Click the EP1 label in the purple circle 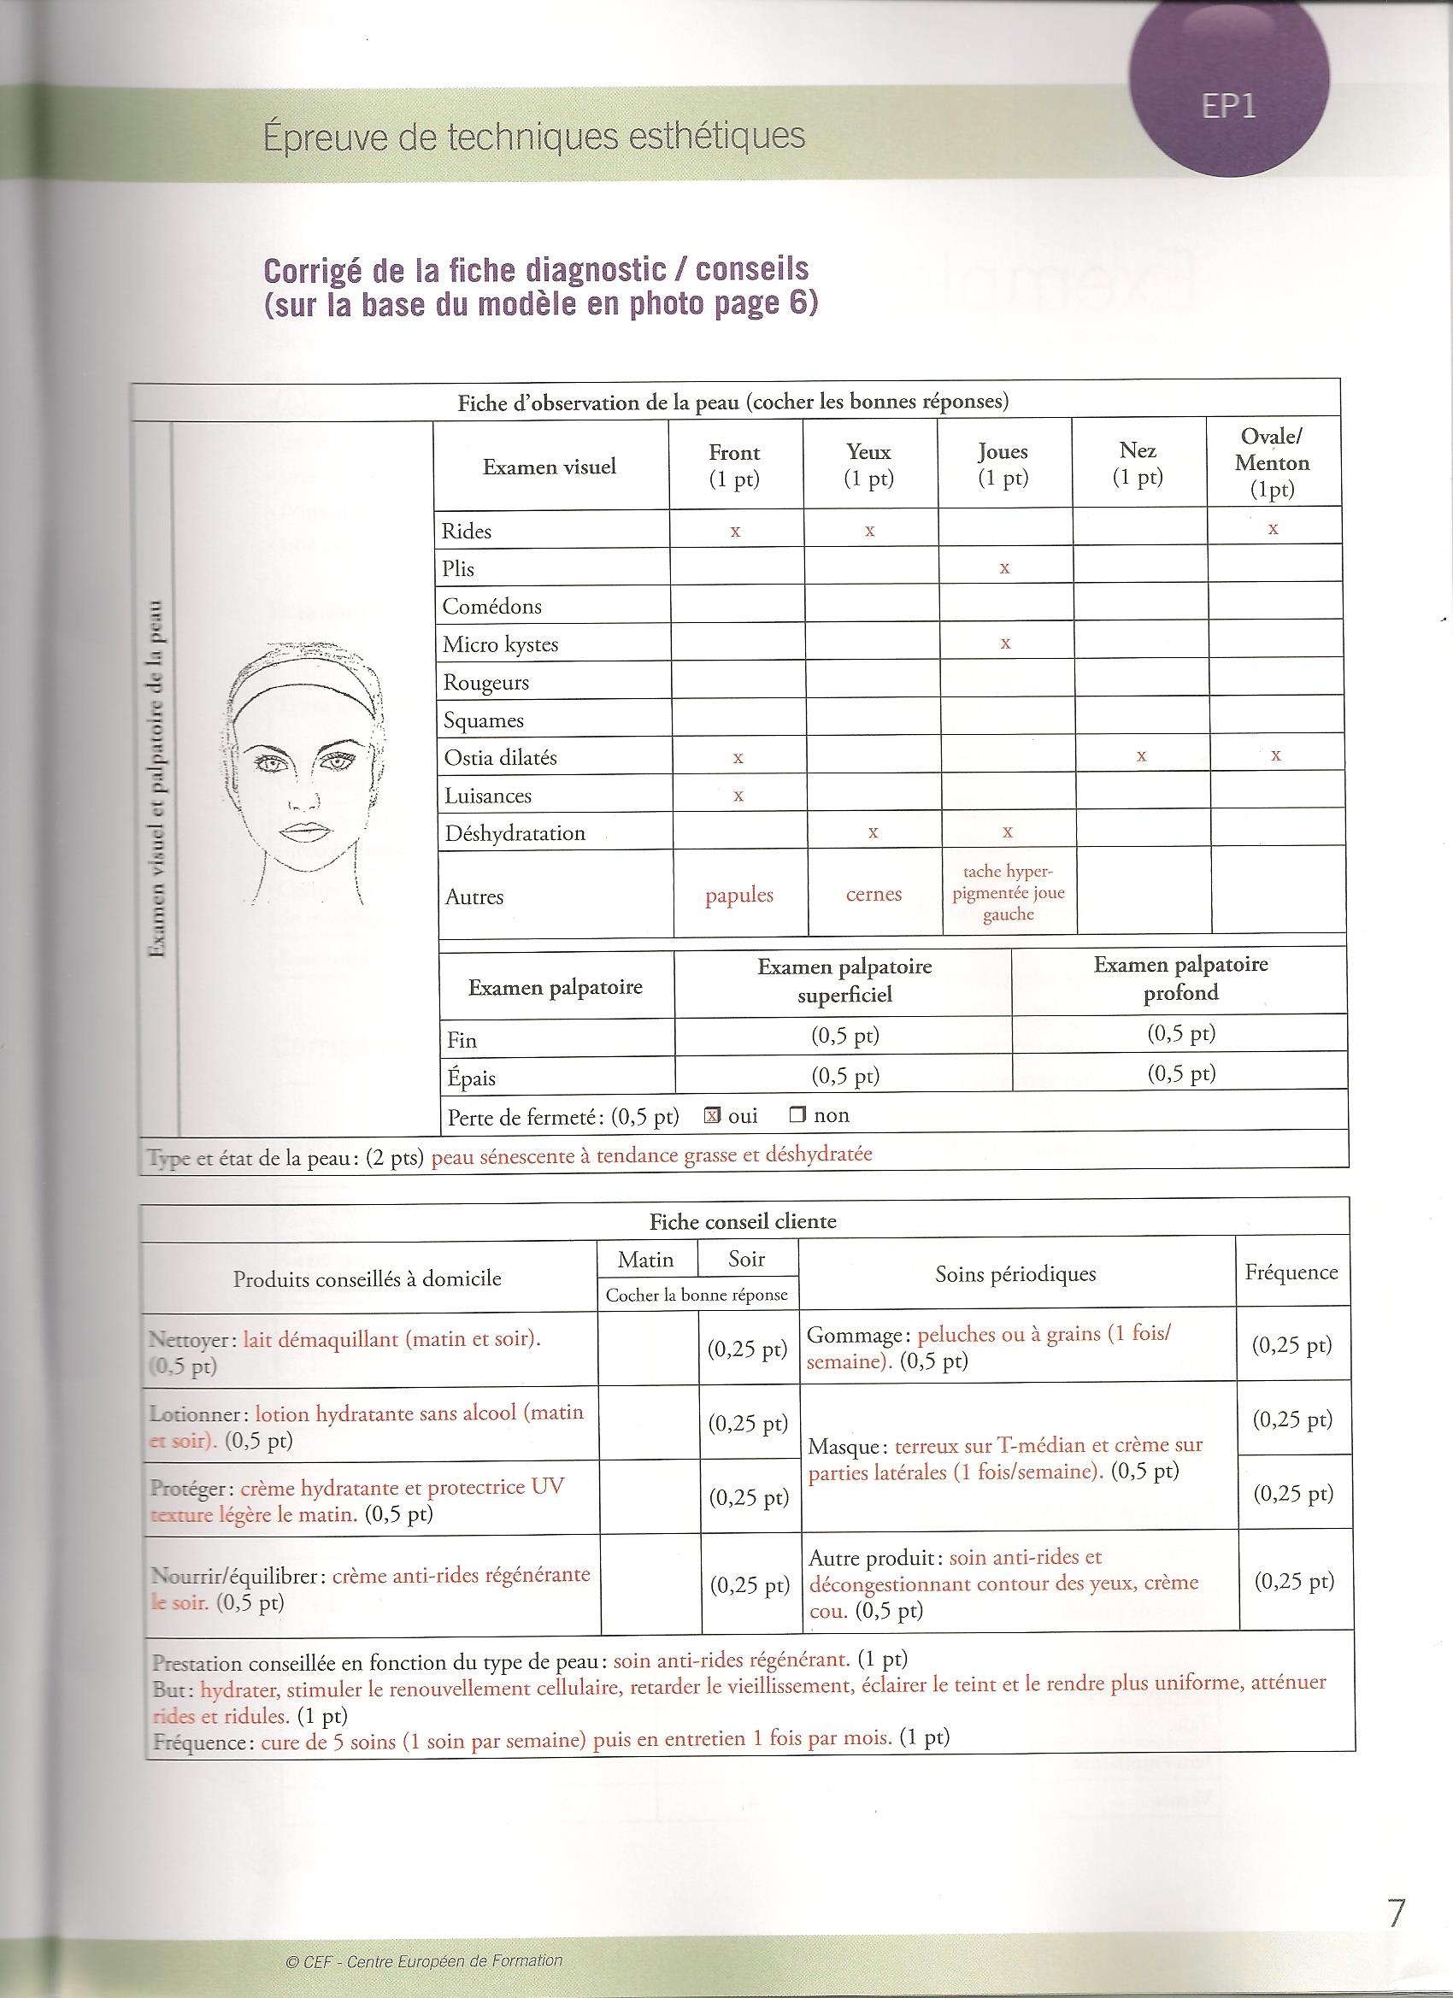tap(1228, 107)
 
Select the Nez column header tap(1138, 464)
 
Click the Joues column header tap(1003, 464)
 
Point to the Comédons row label tap(491, 606)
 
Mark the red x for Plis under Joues tap(1004, 569)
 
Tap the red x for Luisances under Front tap(738, 796)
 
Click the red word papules tap(738, 895)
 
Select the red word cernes tap(874, 894)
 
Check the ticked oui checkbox tap(713, 1115)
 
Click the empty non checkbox tap(797, 1115)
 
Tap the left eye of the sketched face tap(269, 765)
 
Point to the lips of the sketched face tap(304, 832)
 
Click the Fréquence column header tap(1291, 1272)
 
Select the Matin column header tap(646, 1260)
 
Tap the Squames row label tap(483, 720)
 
